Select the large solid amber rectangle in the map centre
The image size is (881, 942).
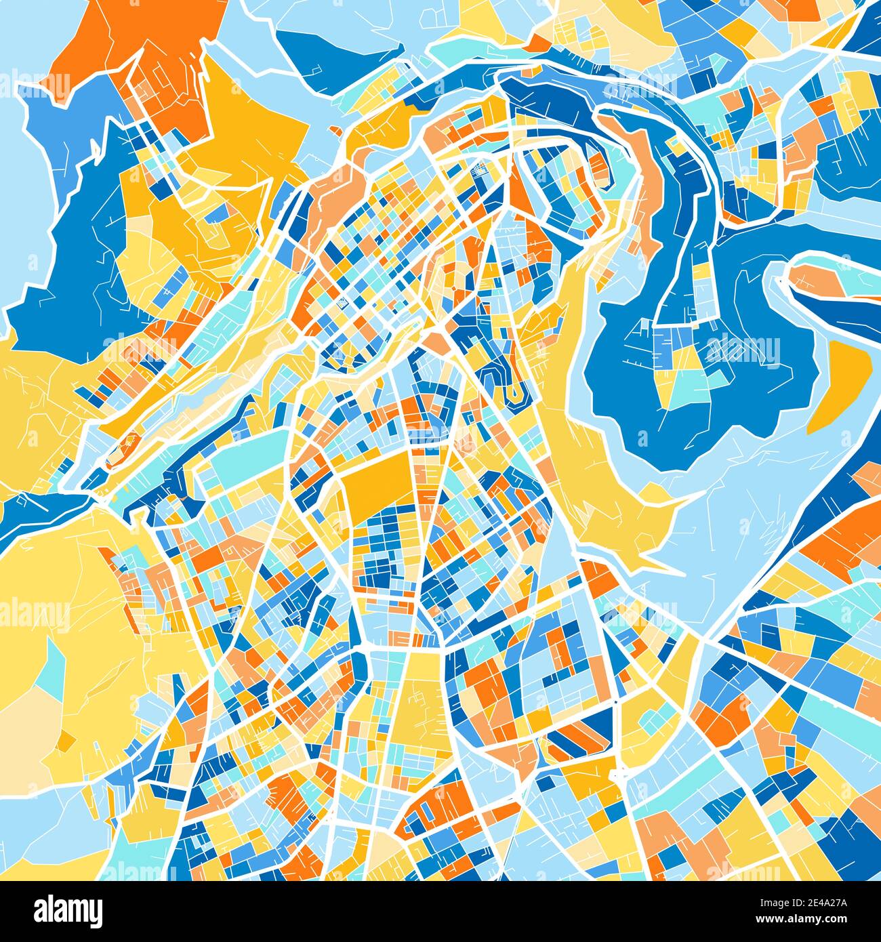click(x=376, y=478)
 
